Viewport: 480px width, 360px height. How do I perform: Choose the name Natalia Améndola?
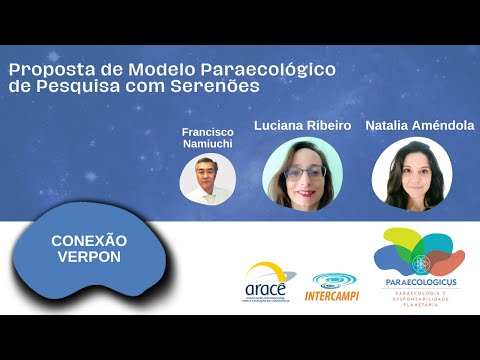coord(420,126)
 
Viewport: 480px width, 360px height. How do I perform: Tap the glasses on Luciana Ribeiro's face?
coord(302,172)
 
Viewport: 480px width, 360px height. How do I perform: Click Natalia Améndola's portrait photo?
coord(411,176)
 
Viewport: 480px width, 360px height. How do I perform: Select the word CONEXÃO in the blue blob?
coord(89,241)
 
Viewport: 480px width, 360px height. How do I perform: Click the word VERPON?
coord(89,257)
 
